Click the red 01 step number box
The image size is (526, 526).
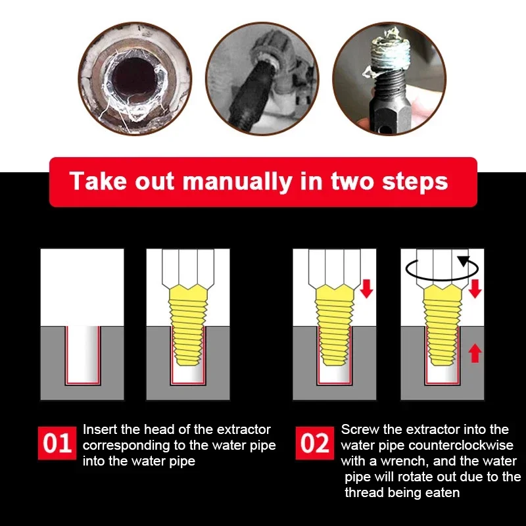57,442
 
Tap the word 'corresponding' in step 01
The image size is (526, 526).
122,445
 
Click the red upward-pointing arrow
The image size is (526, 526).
475,353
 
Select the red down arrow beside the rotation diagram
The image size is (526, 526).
475,287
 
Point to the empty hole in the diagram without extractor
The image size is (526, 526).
82,355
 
